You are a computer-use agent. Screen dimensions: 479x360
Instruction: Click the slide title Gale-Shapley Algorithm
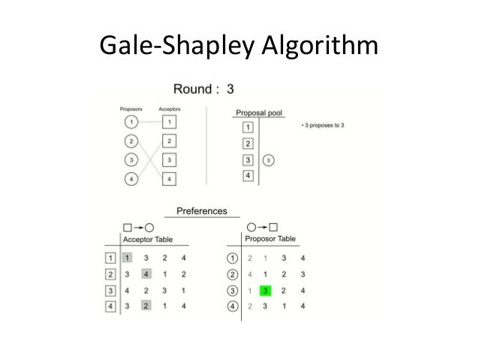[239, 47]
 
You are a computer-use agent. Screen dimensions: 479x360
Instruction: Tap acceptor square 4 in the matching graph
[170, 179]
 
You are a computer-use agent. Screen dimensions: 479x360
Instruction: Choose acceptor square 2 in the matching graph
[170, 141]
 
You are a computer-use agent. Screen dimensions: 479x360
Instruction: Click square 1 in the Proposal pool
[248, 127]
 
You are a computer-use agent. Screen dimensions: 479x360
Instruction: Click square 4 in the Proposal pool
[248, 176]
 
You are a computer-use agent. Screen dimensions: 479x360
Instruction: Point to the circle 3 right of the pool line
[270, 160]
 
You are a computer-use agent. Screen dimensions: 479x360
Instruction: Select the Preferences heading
[201, 211]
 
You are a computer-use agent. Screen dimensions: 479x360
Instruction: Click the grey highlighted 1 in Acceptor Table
[127, 258]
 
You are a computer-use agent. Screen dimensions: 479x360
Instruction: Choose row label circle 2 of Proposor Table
[234, 274]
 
